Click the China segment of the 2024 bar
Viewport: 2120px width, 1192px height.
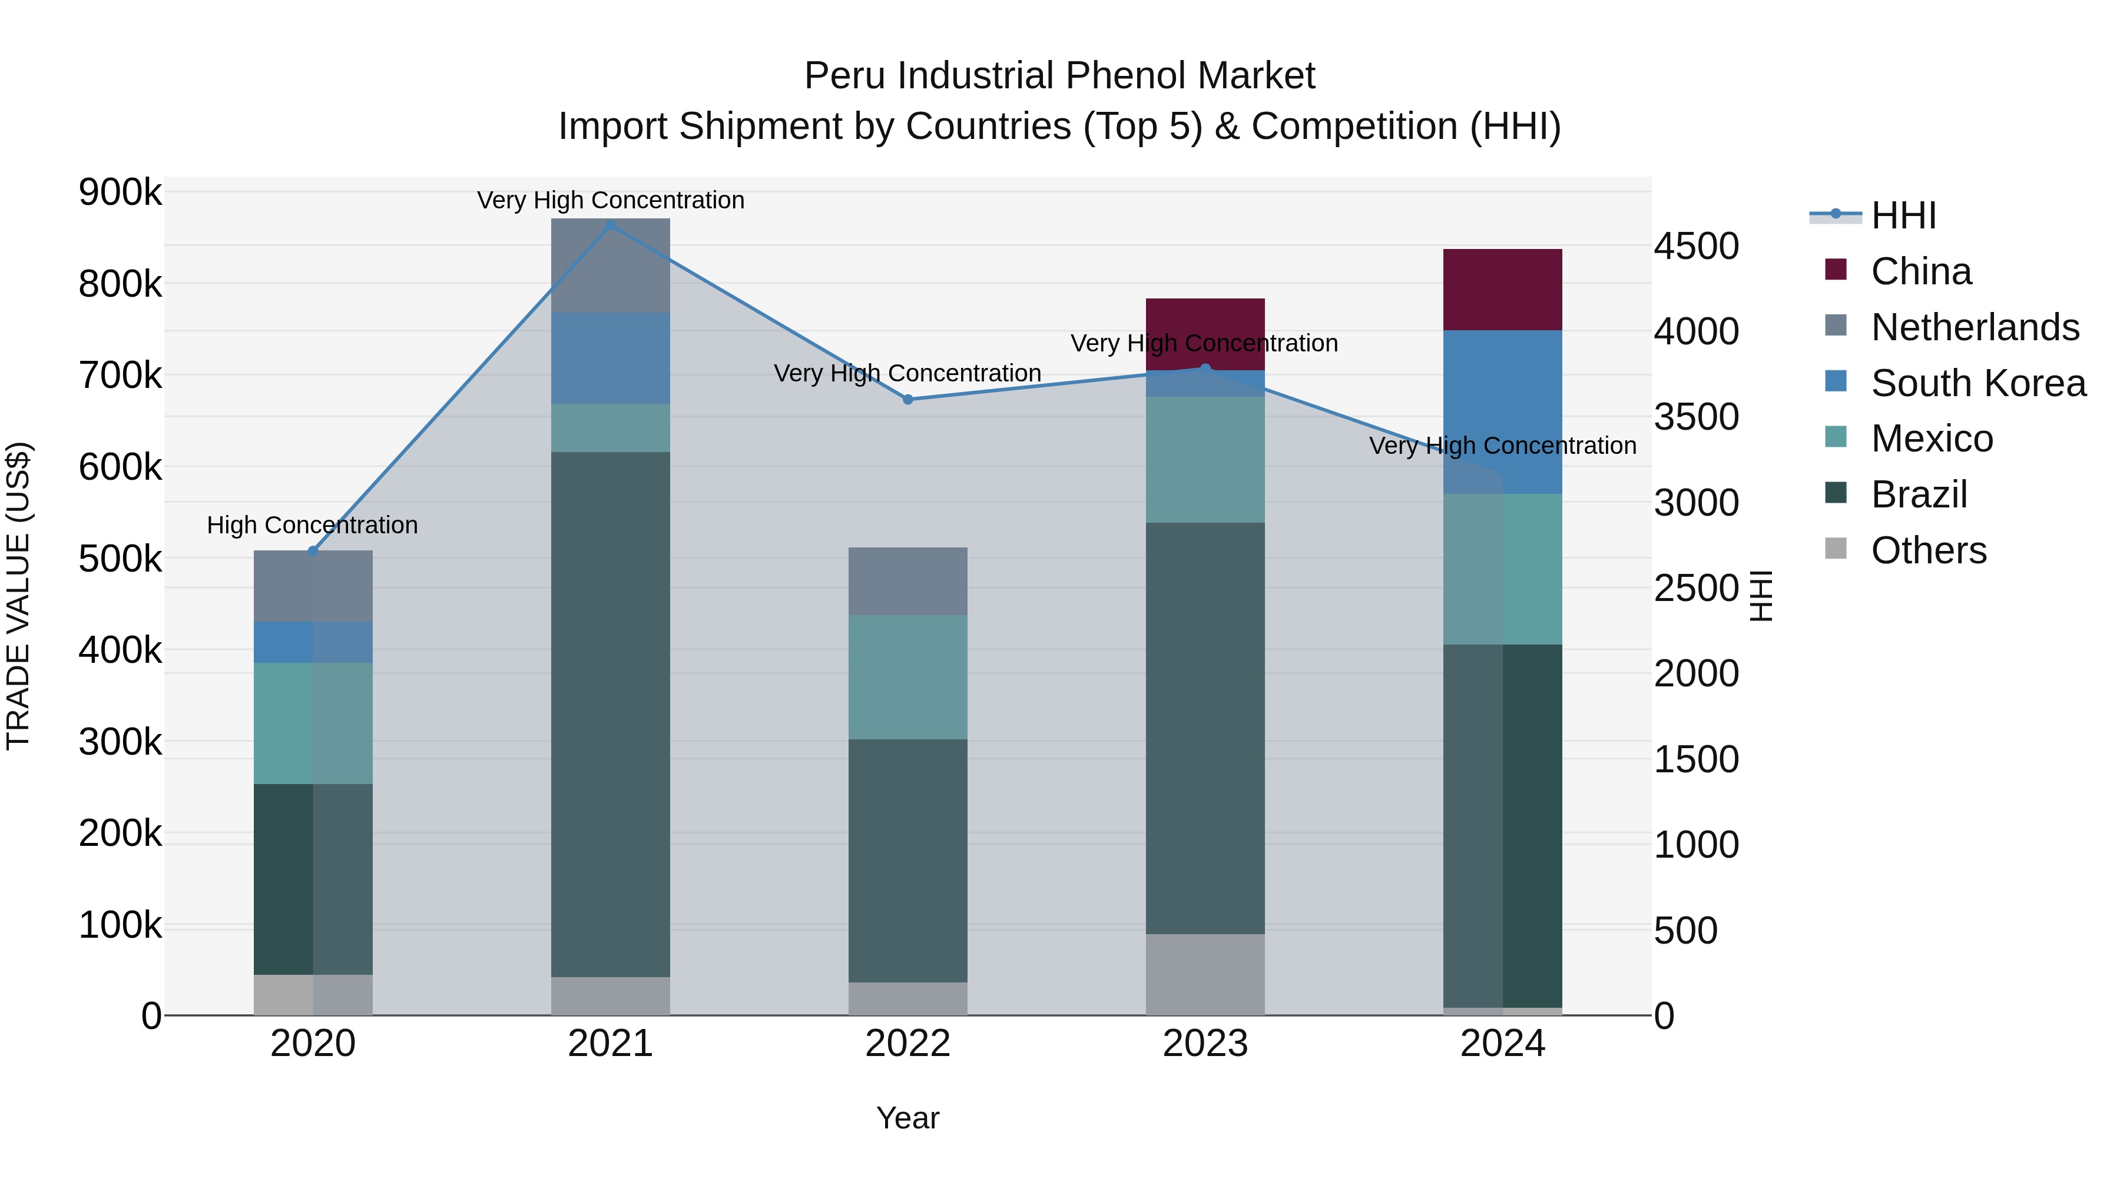1503,289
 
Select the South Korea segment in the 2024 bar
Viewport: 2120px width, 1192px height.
1503,395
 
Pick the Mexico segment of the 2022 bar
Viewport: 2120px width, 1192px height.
907,676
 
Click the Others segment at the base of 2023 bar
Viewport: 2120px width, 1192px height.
1205,974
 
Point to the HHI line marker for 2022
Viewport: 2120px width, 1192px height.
907,400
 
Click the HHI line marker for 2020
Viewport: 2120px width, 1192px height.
313,551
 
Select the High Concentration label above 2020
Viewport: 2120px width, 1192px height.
313,525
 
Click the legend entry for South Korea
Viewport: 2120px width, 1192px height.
1977,383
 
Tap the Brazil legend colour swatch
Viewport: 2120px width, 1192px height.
1835,494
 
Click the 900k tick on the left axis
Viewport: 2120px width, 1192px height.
120,192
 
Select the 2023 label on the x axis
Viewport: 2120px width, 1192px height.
1205,1044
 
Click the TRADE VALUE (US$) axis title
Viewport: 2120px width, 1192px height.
18,596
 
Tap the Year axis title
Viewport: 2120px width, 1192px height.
907,1118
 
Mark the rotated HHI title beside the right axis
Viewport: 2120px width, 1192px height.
1760,596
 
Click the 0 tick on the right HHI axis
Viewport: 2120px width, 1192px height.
1665,1016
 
